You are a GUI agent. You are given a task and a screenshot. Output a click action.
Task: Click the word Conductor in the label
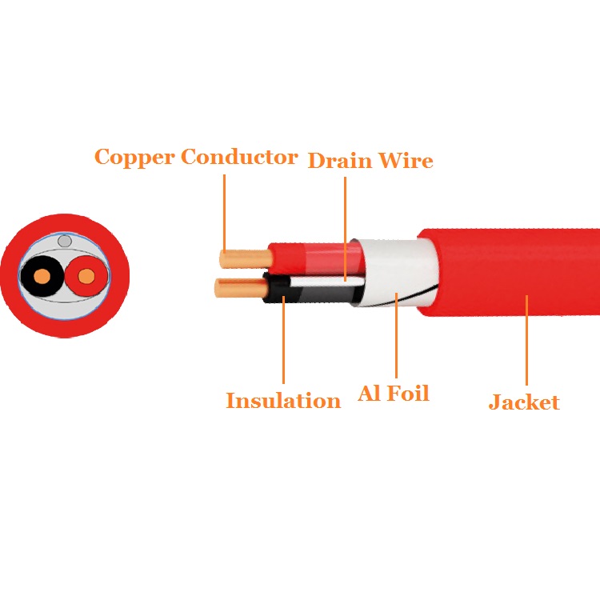tap(239, 157)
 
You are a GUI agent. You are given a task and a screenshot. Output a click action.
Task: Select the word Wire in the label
tap(406, 161)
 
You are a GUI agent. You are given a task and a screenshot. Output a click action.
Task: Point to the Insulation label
tap(283, 401)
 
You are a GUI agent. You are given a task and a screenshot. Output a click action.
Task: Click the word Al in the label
tap(369, 394)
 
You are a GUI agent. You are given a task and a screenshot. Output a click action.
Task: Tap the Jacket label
tap(524, 402)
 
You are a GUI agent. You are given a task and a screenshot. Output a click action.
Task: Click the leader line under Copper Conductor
tap(225, 212)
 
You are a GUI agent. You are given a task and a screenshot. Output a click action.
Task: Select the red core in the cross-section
tap(86, 277)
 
